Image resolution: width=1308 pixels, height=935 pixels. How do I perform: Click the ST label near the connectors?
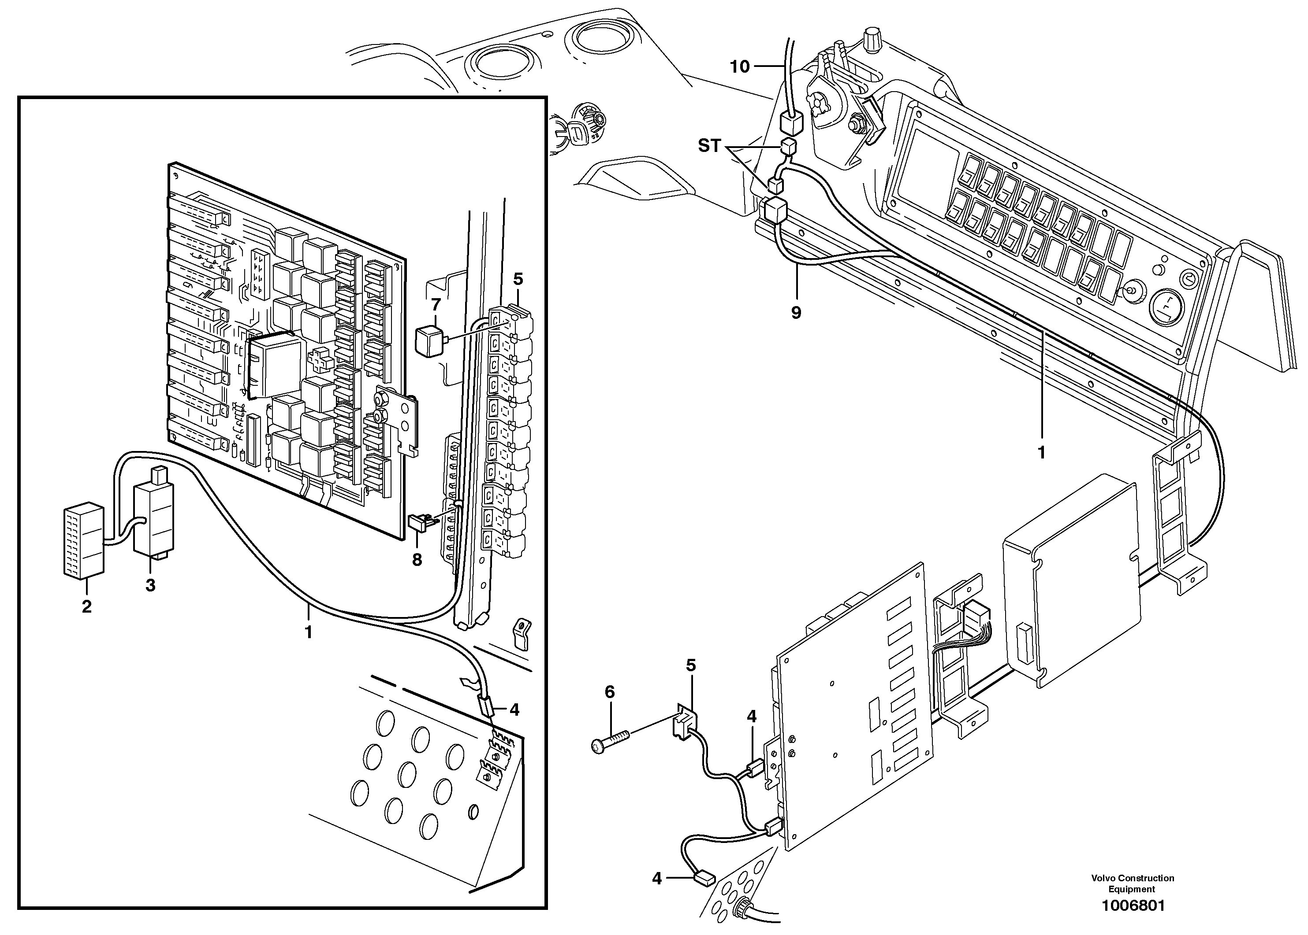[x=709, y=146]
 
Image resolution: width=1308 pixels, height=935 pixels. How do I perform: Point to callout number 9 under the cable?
[x=796, y=313]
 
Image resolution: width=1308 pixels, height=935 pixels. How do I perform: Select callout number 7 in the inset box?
[x=436, y=305]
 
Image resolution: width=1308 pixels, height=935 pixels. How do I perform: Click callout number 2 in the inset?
[x=86, y=606]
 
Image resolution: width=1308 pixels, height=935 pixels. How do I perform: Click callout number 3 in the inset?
[x=150, y=585]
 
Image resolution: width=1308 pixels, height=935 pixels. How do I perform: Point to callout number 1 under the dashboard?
[x=1041, y=453]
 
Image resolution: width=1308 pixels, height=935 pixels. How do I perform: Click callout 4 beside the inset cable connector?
[x=514, y=710]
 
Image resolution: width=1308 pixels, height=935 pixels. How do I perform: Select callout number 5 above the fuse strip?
[x=518, y=279]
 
